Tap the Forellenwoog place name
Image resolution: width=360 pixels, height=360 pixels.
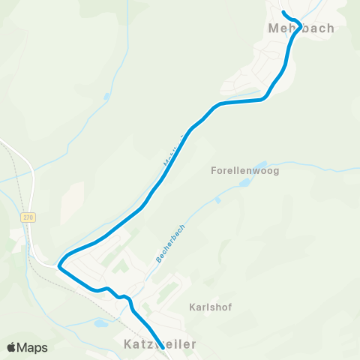click(x=245, y=171)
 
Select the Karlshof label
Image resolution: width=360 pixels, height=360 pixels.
click(x=205, y=307)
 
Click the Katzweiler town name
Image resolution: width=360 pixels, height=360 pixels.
click(x=159, y=343)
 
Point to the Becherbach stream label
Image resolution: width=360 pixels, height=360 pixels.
click(x=170, y=243)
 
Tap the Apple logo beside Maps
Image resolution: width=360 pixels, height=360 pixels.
click(x=11, y=347)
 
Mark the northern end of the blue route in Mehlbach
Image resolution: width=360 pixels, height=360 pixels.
click(x=283, y=13)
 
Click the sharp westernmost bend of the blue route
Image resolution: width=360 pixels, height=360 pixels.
click(x=60, y=262)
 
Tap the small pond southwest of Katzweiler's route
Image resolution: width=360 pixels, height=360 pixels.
click(x=100, y=324)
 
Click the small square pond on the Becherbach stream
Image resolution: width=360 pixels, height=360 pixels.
click(x=217, y=199)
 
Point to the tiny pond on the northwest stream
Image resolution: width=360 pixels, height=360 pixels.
click(x=106, y=97)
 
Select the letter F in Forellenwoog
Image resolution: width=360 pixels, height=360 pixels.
click(x=214, y=171)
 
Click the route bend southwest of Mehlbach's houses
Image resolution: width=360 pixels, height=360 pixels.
click(x=262, y=98)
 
